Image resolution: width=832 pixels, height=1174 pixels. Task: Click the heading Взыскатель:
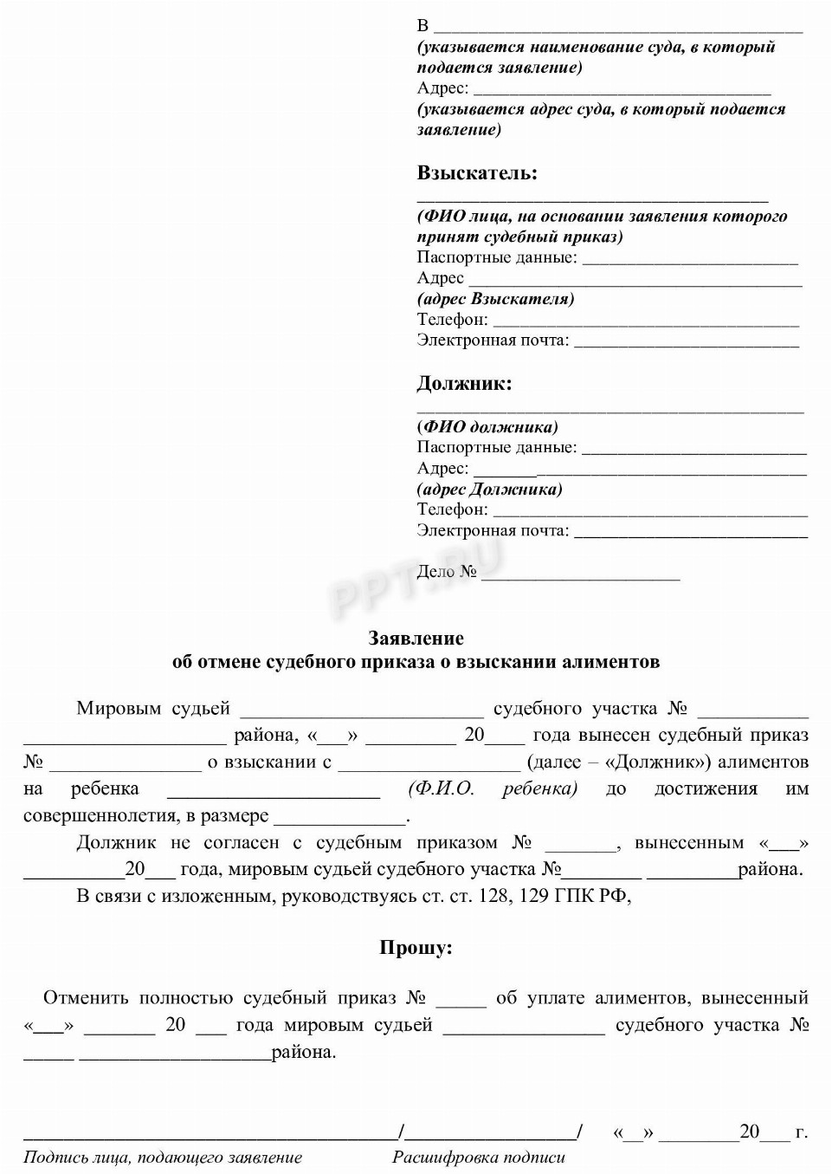click(x=477, y=173)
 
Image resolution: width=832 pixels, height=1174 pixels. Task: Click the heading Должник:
click(x=464, y=383)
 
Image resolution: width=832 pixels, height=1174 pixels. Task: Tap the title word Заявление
click(x=416, y=639)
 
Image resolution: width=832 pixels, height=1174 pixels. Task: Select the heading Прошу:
click(x=416, y=947)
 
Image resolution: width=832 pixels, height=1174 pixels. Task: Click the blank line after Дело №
click(x=580, y=574)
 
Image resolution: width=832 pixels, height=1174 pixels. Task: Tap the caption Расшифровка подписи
click(x=479, y=1157)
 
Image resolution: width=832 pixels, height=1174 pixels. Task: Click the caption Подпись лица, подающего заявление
click(x=163, y=1157)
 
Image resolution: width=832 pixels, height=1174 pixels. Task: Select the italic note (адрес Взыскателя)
click(x=495, y=299)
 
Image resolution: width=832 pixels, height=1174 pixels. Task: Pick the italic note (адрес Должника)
click(x=489, y=490)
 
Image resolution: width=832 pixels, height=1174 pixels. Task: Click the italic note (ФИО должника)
click(x=487, y=426)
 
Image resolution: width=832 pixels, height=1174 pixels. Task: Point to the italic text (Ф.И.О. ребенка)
click(x=492, y=788)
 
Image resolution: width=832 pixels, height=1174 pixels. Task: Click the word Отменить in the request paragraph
click(x=86, y=998)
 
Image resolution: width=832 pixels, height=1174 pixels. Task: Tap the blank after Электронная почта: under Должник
click(x=690, y=532)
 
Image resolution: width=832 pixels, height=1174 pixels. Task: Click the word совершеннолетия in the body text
click(x=98, y=816)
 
